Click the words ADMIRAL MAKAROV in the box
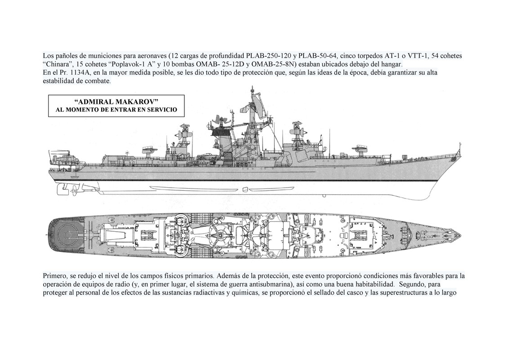tap(116, 102)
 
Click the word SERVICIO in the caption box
tap(162, 110)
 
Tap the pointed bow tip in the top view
tap(458, 235)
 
